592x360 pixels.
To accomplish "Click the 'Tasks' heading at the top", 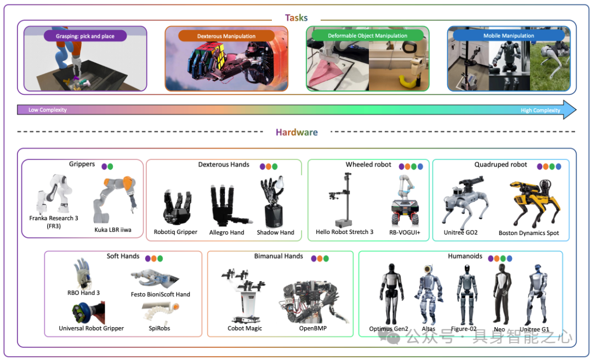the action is click(x=296, y=18).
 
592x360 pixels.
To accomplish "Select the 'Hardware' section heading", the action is click(x=297, y=132).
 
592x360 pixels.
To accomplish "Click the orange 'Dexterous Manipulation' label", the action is click(x=226, y=36).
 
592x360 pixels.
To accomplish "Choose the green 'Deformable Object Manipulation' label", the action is click(x=367, y=36).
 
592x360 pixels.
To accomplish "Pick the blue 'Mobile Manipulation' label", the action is click(x=508, y=36).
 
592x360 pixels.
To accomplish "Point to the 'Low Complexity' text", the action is click(x=48, y=110).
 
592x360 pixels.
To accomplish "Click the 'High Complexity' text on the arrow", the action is click(x=540, y=110).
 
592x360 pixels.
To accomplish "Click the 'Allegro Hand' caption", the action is click(x=226, y=232).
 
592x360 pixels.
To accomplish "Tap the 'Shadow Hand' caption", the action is click(x=275, y=232).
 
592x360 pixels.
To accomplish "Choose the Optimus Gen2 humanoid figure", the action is click(x=390, y=293).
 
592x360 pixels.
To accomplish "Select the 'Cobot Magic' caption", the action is click(x=244, y=328).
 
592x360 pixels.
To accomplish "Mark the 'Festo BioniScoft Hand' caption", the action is click(x=161, y=294).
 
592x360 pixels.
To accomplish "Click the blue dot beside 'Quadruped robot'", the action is click(x=558, y=167).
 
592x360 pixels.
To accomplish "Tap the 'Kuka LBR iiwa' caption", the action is click(x=113, y=230).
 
